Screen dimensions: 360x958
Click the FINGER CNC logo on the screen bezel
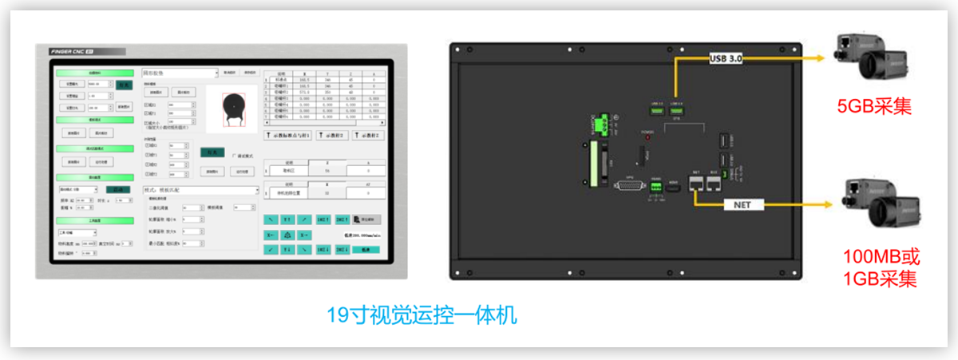[x=73, y=51]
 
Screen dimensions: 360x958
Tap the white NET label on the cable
[x=738, y=204]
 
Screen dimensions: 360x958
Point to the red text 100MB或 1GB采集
[x=881, y=268]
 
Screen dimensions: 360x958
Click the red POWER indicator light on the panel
[x=647, y=137]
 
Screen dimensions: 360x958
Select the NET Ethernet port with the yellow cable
[x=696, y=182]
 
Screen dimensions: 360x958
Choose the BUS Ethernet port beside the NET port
[x=713, y=182]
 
